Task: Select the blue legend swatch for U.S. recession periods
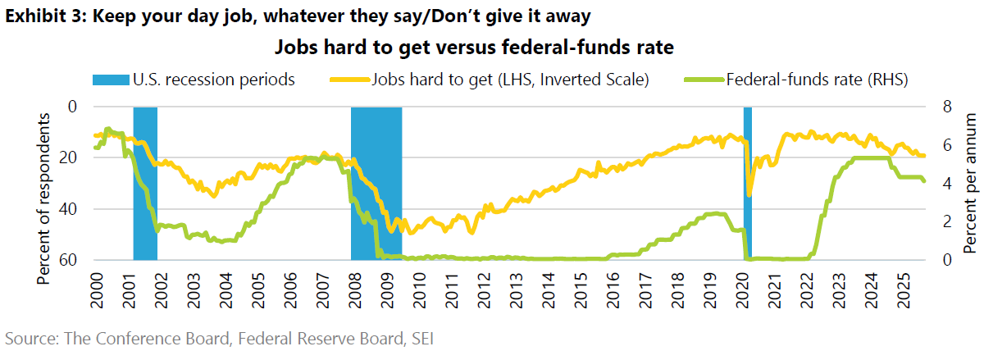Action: pyautogui.click(x=120, y=80)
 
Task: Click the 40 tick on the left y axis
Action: pyautogui.click(x=73, y=208)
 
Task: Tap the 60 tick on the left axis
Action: pyautogui.click(x=73, y=260)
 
